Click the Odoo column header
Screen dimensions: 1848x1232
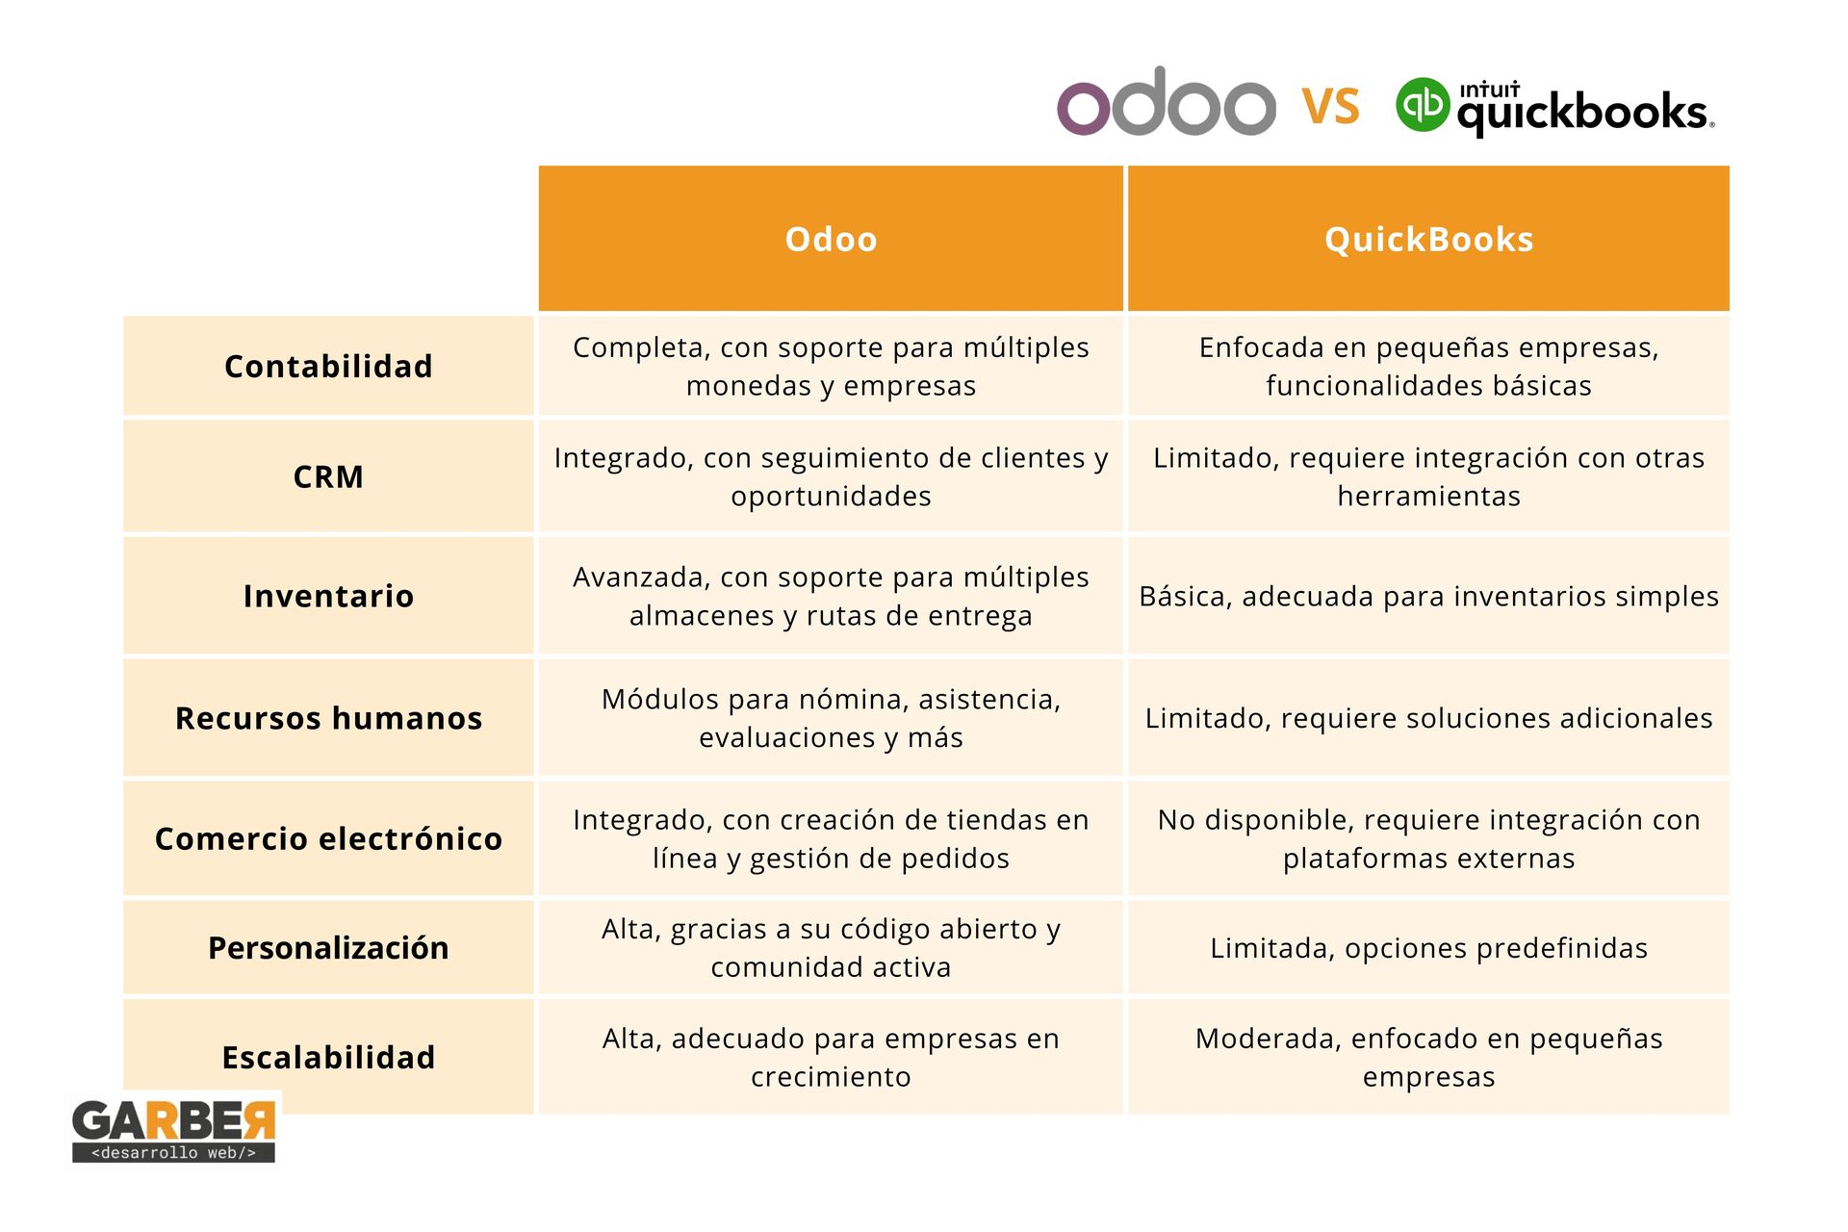pos(831,239)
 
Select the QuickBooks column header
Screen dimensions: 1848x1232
pos(1428,239)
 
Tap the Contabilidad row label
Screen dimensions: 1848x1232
pos(328,366)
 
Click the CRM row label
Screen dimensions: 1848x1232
pos(328,476)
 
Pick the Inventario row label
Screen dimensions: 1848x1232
pos(328,596)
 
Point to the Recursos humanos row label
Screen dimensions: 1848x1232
pos(328,718)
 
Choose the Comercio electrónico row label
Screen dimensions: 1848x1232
pos(328,838)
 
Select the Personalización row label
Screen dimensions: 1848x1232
pos(328,948)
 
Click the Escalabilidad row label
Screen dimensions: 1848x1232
pos(328,1057)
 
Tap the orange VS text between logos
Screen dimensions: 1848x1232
pos(1331,106)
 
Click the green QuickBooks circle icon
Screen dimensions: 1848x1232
pos(1423,104)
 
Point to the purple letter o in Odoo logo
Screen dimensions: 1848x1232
pos(1084,108)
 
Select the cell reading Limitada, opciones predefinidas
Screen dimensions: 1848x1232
pos(1428,948)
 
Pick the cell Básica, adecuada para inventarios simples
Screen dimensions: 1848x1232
pos(1428,596)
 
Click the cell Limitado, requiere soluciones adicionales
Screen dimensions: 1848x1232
pos(1428,718)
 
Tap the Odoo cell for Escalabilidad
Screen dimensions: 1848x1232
pos(831,1057)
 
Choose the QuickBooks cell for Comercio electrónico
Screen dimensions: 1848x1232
pos(1428,838)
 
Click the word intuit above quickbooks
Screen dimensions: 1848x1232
pos(1489,90)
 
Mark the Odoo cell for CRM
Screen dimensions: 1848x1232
pos(831,476)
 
